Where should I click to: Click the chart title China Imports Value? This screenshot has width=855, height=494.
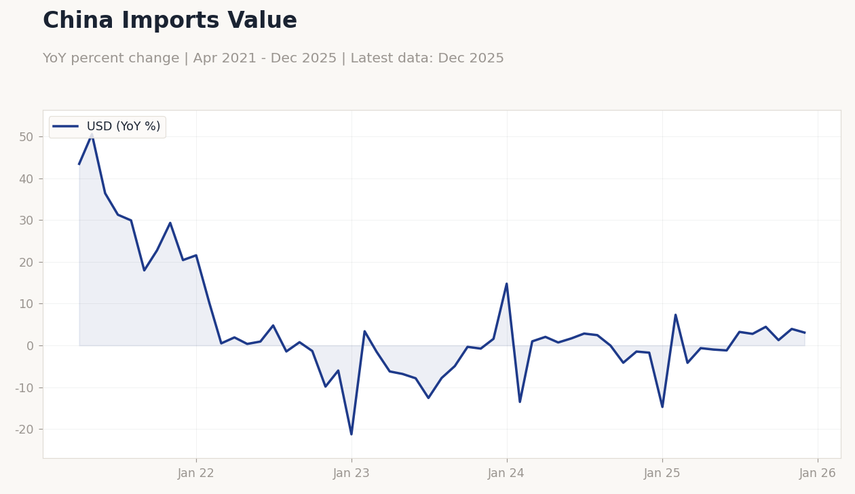click(170, 21)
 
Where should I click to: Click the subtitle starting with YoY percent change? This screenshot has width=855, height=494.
click(273, 59)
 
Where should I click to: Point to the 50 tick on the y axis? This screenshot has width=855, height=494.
click(26, 137)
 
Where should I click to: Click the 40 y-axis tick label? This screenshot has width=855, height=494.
click(26, 179)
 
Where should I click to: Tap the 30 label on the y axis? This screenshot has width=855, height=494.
click(26, 221)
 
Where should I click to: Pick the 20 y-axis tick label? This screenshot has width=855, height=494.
click(26, 263)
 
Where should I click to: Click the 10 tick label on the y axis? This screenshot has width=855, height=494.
click(26, 304)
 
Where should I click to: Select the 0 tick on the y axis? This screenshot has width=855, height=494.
click(29, 346)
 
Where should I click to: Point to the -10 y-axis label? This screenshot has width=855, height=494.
click(24, 388)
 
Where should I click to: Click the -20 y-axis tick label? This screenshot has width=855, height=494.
click(24, 430)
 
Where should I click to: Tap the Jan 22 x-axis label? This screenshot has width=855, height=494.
click(196, 474)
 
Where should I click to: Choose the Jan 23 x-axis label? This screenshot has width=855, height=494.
click(351, 474)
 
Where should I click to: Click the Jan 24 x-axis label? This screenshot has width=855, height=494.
click(506, 474)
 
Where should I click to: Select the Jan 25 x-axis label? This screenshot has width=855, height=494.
click(662, 474)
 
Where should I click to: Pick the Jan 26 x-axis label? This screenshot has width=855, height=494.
click(818, 474)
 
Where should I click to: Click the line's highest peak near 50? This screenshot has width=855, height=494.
click(92, 134)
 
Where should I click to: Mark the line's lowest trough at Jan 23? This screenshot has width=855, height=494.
click(351, 434)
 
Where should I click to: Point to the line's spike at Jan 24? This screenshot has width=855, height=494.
click(507, 284)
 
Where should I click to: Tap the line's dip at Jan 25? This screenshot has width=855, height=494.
click(662, 406)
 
